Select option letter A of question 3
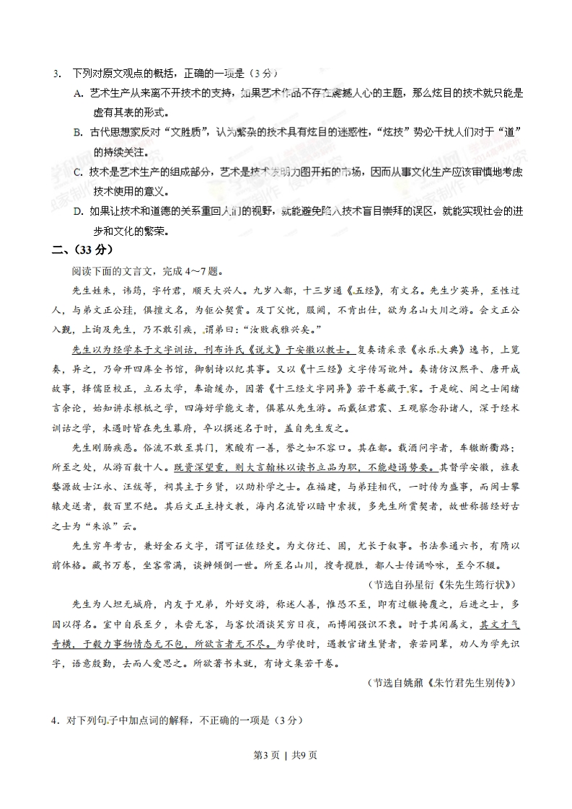(79, 94)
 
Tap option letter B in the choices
(79, 133)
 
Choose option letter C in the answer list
(79, 172)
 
